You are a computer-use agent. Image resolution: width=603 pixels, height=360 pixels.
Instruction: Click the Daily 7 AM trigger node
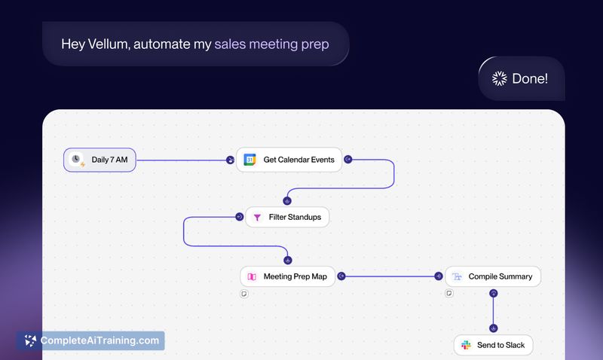99,160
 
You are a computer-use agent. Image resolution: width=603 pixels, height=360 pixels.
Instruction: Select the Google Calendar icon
250,160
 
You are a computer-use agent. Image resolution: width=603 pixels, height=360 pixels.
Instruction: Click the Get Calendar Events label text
298,160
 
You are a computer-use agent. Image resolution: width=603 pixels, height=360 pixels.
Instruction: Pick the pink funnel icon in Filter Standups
256,218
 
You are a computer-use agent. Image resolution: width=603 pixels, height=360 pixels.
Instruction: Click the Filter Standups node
287,218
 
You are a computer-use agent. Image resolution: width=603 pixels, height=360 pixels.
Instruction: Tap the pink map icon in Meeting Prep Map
252,276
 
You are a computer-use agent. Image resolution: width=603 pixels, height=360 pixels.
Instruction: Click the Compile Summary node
492,276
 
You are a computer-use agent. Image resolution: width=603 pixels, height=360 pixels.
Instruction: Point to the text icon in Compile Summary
457,276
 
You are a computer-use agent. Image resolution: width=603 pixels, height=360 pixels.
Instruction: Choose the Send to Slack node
494,346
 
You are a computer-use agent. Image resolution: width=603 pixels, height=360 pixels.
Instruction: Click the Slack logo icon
467,346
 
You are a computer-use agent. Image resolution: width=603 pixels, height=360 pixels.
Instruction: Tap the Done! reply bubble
522,78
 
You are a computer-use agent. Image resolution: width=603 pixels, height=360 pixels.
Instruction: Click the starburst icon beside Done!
499,78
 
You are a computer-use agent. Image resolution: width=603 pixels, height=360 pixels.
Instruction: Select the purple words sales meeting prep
271,43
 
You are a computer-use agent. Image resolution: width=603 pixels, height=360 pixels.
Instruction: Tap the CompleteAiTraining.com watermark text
99,340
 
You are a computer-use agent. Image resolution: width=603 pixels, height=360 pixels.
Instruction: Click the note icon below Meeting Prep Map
243,293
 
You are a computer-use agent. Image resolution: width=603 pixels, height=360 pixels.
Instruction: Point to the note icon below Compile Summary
448,293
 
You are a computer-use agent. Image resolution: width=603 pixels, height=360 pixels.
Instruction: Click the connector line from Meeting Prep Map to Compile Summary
388,276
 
